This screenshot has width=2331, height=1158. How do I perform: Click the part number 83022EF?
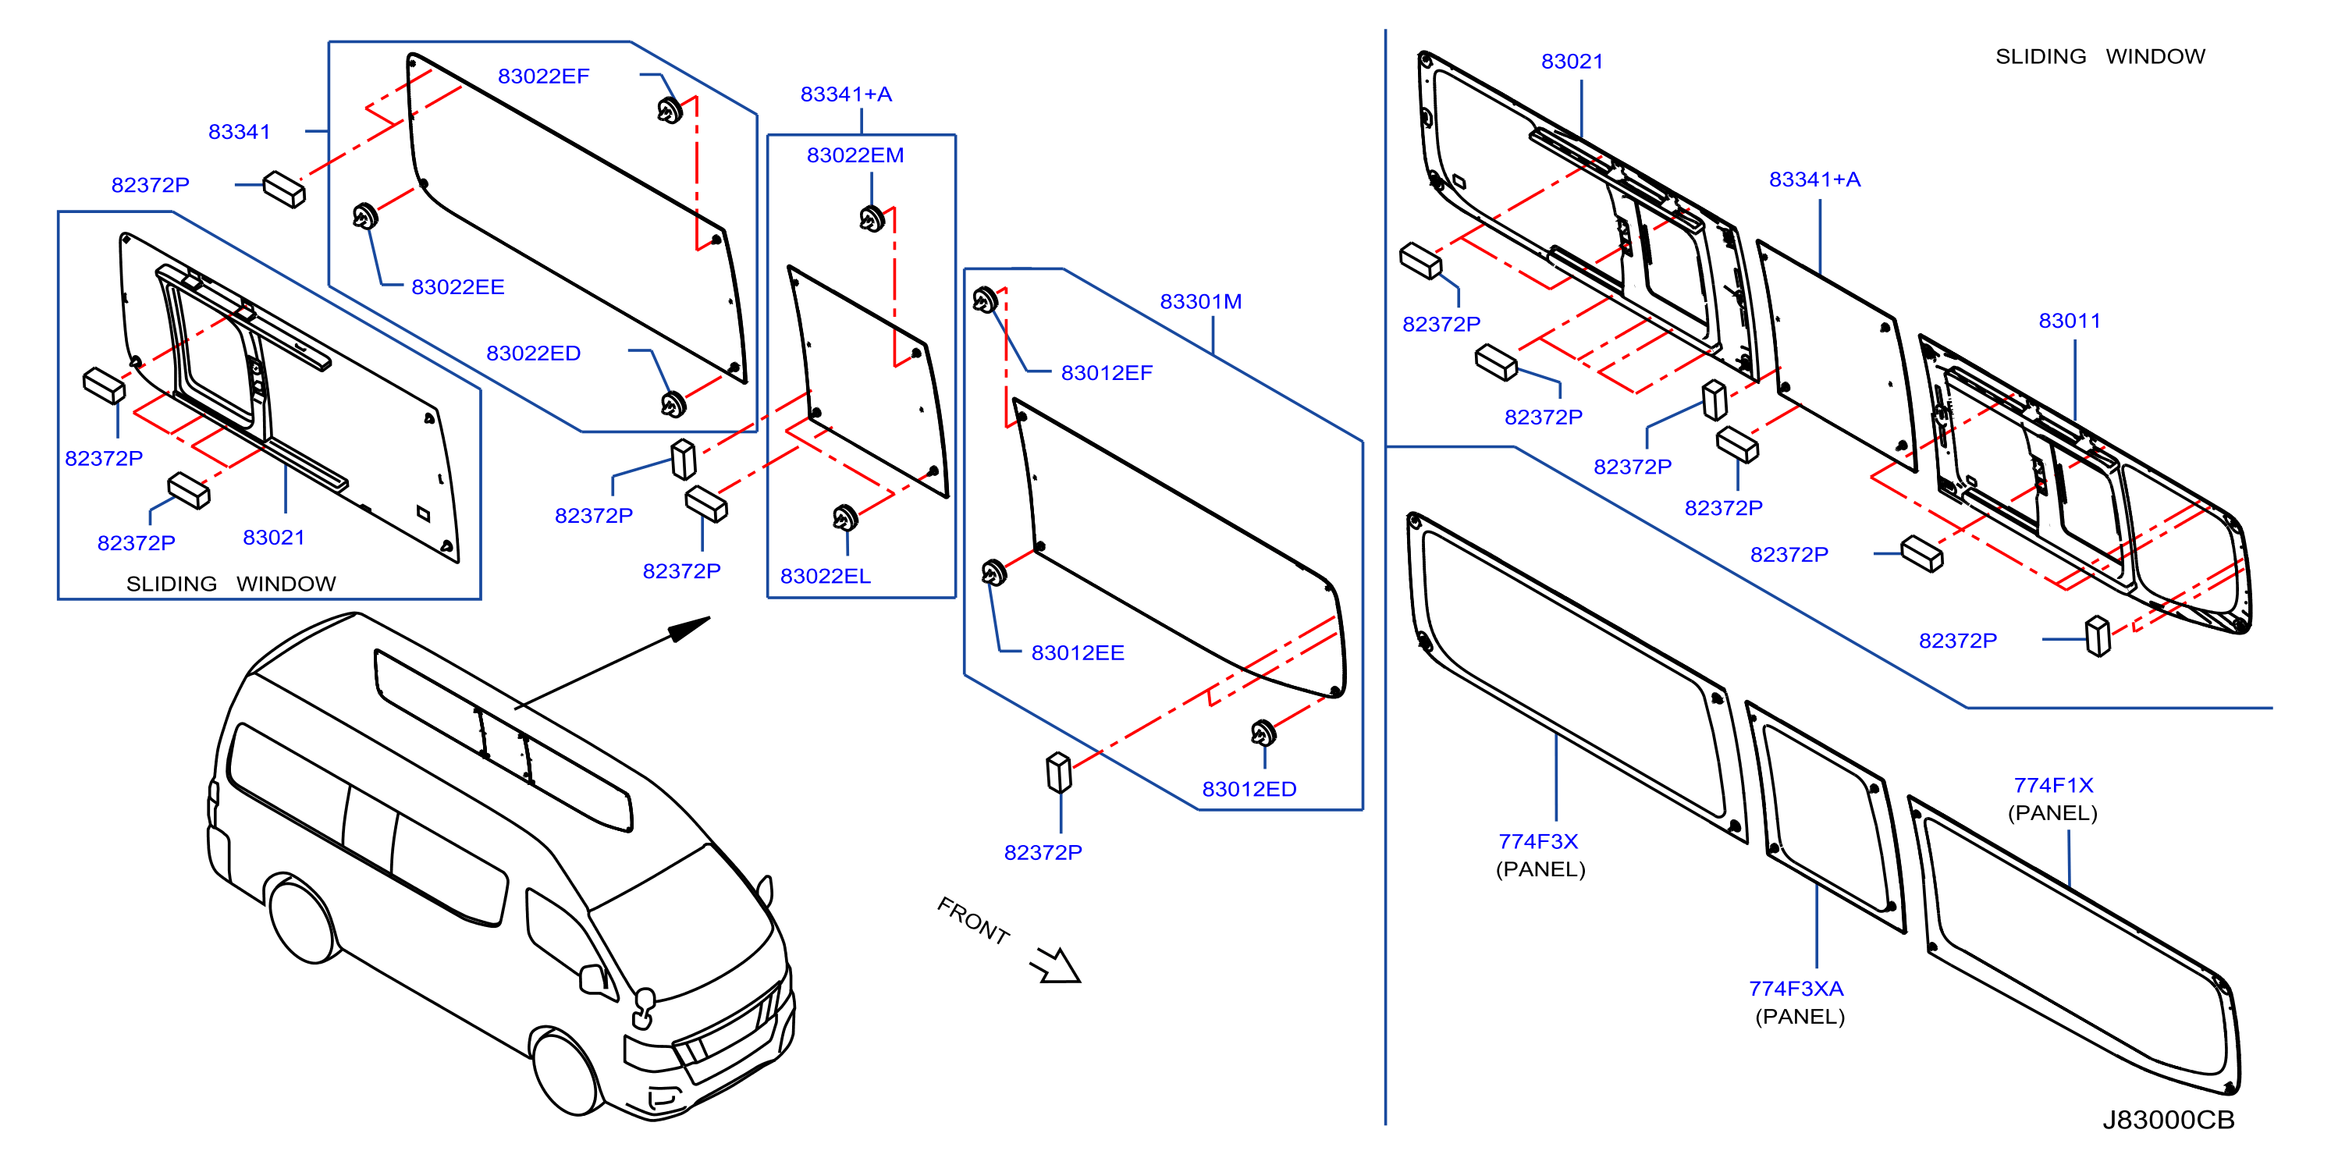pyautogui.click(x=543, y=76)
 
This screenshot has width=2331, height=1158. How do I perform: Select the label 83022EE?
pyautogui.click(x=458, y=287)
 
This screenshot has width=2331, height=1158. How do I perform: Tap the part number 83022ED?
pyautogui.click(x=533, y=353)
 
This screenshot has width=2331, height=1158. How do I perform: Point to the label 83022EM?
pyautogui.click(x=855, y=155)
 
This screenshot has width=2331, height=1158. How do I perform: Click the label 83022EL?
pyautogui.click(x=826, y=577)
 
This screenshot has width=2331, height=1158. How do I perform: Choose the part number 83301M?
pyautogui.click(x=1201, y=301)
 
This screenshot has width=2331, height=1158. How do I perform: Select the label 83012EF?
pyautogui.click(x=1107, y=373)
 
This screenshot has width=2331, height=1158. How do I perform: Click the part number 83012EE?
pyautogui.click(x=1078, y=652)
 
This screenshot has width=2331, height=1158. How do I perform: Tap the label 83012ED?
pyautogui.click(x=1249, y=789)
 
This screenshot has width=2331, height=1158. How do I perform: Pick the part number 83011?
pyautogui.click(x=2070, y=320)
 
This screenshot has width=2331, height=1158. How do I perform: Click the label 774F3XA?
pyautogui.click(x=1796, y=989)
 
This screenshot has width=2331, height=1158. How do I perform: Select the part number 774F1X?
pyautogui.click(x=2053, y=785)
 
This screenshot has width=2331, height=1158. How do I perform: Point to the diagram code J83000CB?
pyautogui.click(x=2168, y=1120)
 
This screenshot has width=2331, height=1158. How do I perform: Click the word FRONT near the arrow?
pyautogui.click(x=974, y=921)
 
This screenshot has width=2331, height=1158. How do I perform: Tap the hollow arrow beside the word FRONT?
pyautogui.click(x=1056, y=964)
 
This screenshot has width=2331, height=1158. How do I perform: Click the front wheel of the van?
pyautogui.click(x=567, y=1072)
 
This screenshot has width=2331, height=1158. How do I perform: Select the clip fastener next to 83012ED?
pyautogui.click(x=1263, y=733)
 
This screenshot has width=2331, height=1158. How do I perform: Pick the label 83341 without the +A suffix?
pyautogui.click(x=240, y=131)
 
